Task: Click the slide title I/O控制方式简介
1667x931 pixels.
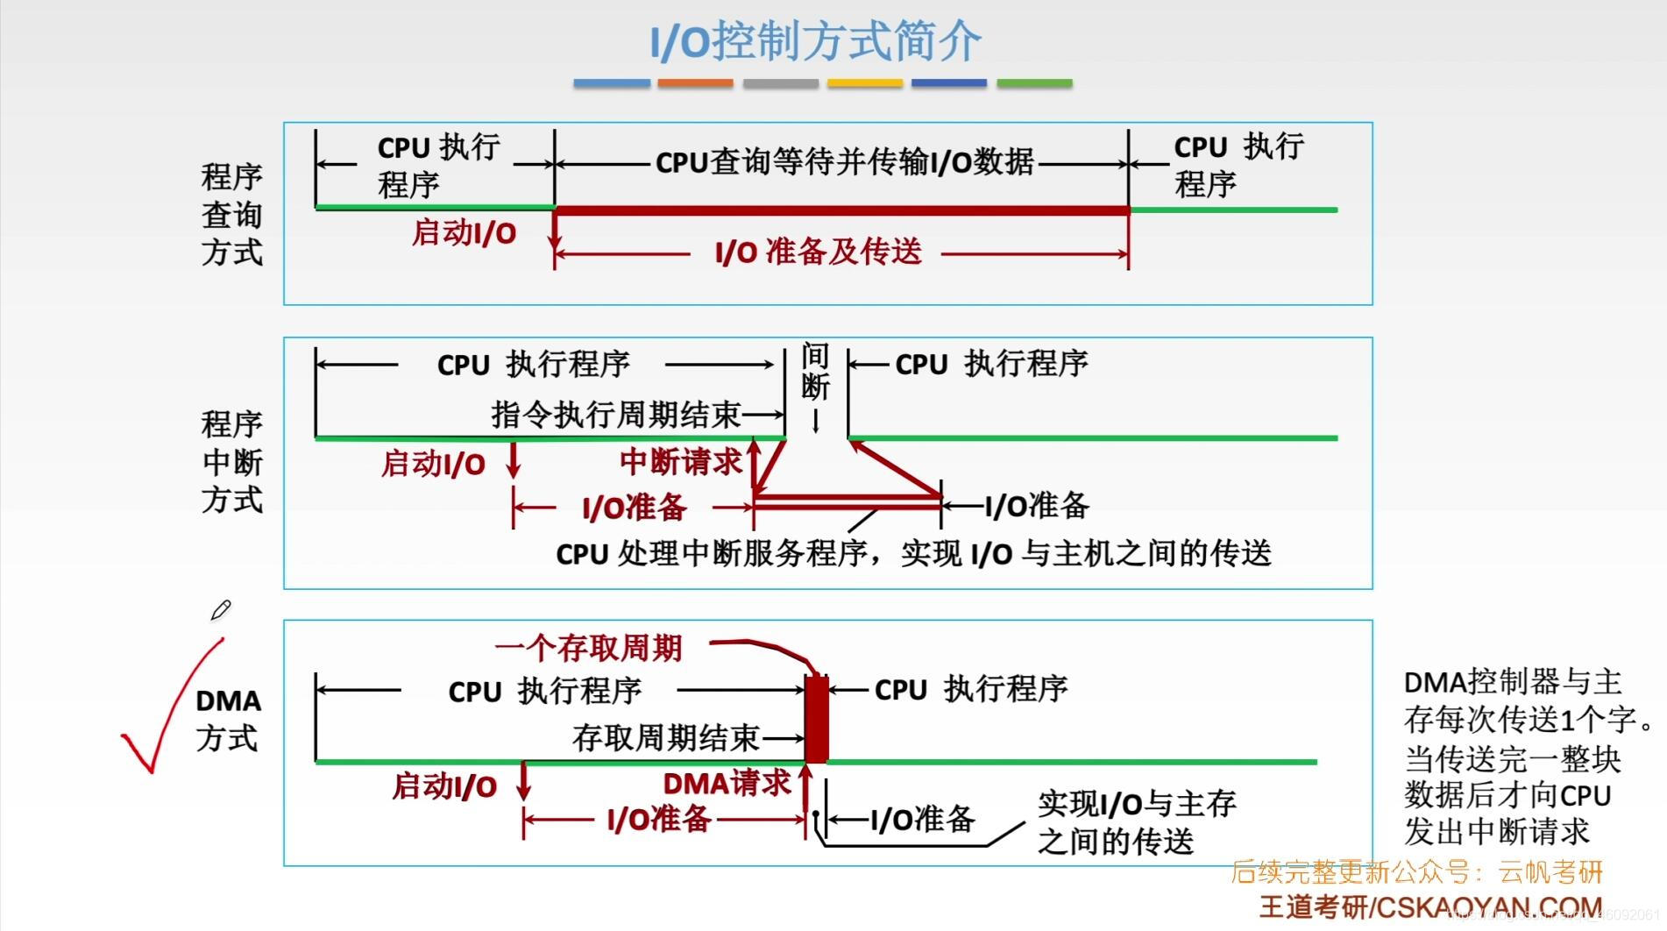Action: pyautogui.click(x=815, y=41)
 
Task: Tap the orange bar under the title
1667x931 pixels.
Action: pyautogui.click(x=695, y=83)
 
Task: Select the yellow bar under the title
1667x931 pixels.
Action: pyautogui.click(x=864, y=83)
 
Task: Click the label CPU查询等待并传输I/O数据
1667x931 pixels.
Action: pyautogui.click(x=844, y=162)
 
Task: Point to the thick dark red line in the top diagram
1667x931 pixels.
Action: pyautogui.click(x=841, y=210)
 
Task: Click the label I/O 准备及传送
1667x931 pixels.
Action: pyautogui.click(x=819, y=252)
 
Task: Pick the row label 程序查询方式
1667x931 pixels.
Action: pyautogui.click(x=231, y=215)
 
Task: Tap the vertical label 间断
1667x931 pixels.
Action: pyautogui.click(x=815, y=372)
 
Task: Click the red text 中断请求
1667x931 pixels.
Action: pyautogui.click(x=680, y=462)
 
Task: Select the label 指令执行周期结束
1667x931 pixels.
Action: pyautogui.click(x=615, y=414)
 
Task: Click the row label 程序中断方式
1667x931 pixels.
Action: pyautogui.click(x=231, y=462)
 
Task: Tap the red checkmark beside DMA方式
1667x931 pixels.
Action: pyautogui.click(x=167, y=710)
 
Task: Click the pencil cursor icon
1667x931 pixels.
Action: pyautogui.click(x=220, y=610)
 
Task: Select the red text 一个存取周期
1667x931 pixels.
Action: pyautogui.click(x=588, y=649)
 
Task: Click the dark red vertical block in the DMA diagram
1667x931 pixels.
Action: pyautogui.click(x=816, y=719)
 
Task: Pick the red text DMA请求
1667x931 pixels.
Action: pyautogui.click(x=727, y=783)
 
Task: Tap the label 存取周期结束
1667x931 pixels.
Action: pyautogui.click(x=665, y=738)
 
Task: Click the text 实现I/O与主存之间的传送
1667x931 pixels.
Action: pyautogui.click(x=1136, y=822)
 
